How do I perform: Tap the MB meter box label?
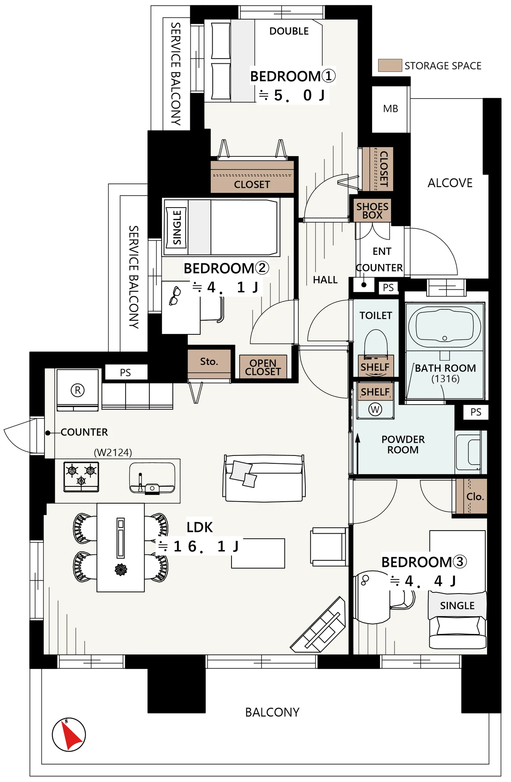tap(391, 109)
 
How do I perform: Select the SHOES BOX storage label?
tap(372, 211)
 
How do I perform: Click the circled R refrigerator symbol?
tap(78, 390)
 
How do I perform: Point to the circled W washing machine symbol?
tap(375, 409)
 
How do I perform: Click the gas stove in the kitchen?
tap(81, 477)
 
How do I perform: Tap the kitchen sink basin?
tap(152, 478)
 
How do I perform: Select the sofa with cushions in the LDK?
tap(264, 478)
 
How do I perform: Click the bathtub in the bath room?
tap(445, 327)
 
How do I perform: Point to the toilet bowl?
tap(376, 343)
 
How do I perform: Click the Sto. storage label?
tap(209, 362)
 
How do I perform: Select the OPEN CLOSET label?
tap(263, 368)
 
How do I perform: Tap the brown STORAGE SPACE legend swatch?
tap(390, 65)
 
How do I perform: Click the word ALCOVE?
tap(450, 183)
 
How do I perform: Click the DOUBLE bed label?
tap(289, 31)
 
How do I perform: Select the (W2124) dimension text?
tap(113, 452)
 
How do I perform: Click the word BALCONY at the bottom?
tap(272, 712)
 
